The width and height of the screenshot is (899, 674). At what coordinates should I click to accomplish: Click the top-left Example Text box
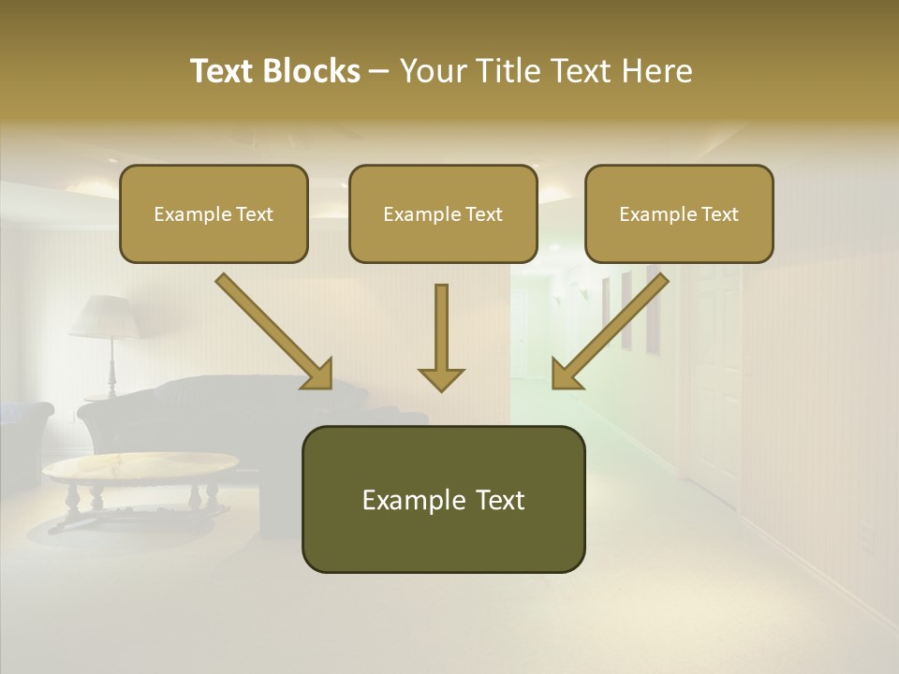point(214,213)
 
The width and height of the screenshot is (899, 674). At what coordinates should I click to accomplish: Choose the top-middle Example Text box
point(443,213)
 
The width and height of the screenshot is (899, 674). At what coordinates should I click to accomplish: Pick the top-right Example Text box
point(679,213)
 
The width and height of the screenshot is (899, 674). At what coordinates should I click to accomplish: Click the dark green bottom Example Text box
point(443,499)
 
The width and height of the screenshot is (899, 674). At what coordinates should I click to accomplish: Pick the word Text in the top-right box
point(719,214)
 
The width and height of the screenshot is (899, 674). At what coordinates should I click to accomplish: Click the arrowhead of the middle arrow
point(441,378)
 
